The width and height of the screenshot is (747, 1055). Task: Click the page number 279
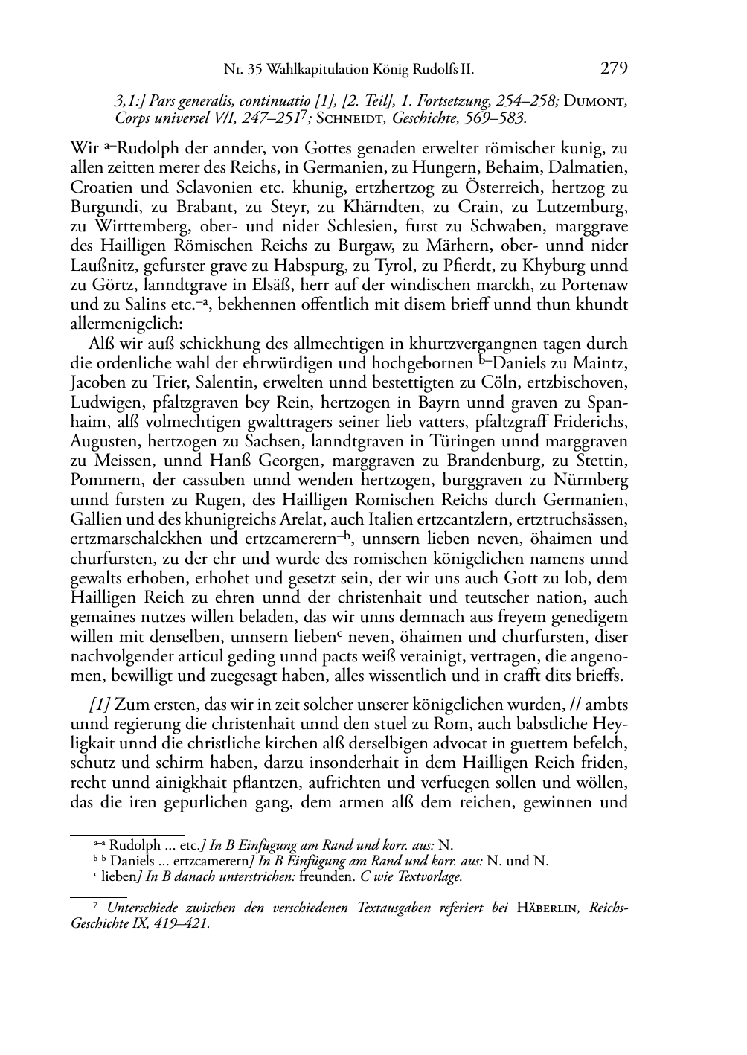point(613,69)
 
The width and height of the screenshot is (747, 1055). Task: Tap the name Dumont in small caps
point(596,102)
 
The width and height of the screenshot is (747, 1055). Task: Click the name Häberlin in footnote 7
point(549,908)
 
